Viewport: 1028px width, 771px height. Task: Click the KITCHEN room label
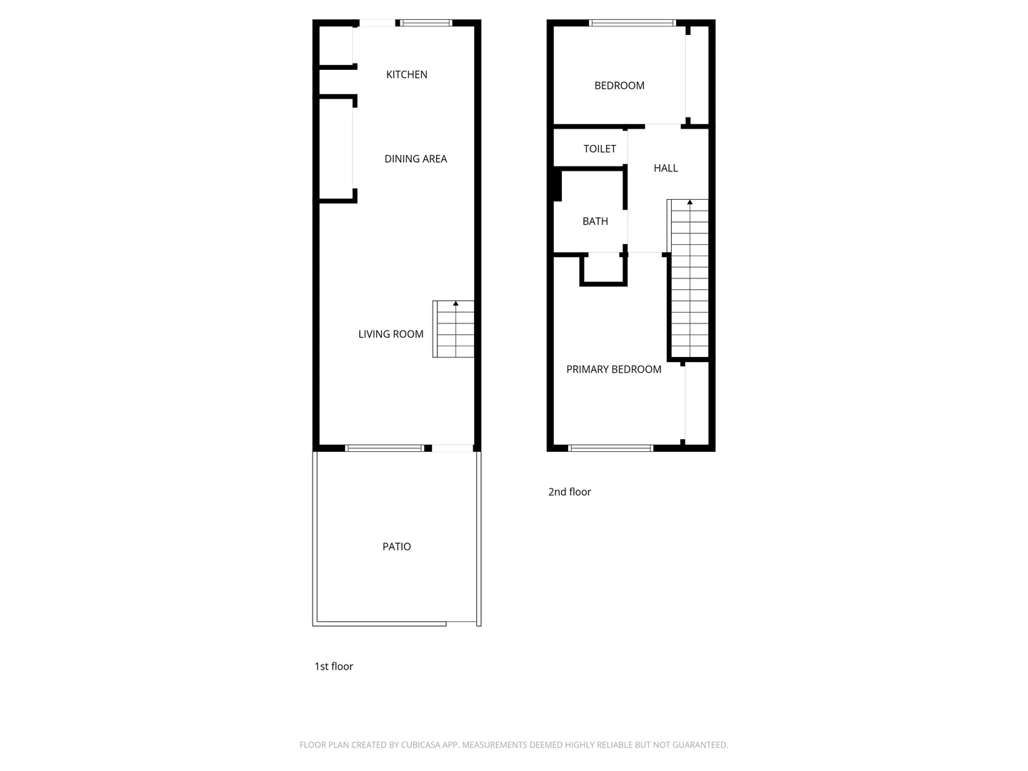[406, 74]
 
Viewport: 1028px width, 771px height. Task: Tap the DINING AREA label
[415, 158]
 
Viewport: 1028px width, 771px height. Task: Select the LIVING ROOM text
[390, 334]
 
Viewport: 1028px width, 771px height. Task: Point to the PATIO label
[396, 547]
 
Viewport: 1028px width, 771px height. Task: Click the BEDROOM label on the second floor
[619, 86]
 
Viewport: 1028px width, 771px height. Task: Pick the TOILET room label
[600, 148]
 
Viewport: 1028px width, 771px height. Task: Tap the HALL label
[665, 168]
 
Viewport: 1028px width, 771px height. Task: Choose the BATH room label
[595, 221]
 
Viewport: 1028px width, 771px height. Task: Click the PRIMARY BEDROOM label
[613, 369]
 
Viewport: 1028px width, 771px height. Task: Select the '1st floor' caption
[333, 666]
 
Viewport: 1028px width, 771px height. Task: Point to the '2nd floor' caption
[569, 492]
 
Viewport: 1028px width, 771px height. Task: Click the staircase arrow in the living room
[455, 305]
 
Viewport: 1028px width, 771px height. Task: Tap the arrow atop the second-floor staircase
[690, 203]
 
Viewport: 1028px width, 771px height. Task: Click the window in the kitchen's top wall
[426, 23]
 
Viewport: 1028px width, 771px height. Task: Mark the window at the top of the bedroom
[633, 23]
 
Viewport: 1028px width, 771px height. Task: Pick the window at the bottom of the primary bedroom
[610, 448]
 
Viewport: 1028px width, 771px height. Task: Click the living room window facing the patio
[384, 448]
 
